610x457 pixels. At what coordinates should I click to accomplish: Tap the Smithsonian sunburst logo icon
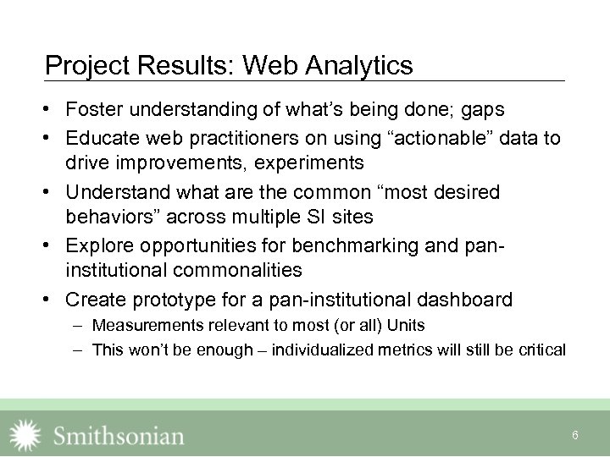click(24, 434)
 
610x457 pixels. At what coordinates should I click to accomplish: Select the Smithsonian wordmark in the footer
click(119, 436)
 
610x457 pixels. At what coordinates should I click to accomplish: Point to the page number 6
click(575, 435)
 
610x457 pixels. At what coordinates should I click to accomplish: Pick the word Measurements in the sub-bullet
click(147, 325)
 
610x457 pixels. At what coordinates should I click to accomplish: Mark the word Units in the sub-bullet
click(406, 325)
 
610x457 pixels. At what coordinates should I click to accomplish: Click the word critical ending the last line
click(540, 350)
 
